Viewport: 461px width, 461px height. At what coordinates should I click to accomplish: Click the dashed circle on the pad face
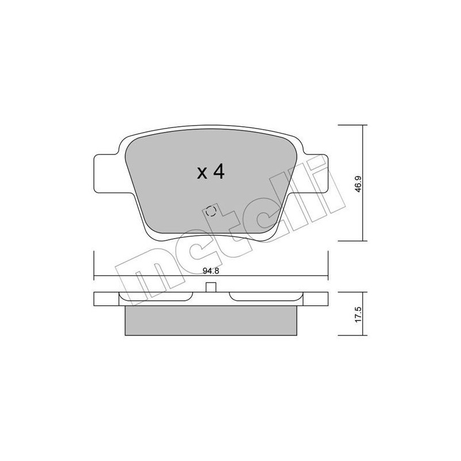[211, 211]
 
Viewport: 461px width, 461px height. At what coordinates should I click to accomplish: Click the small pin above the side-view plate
[211, 288]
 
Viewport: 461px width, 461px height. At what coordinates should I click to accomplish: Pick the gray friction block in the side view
[211, 319]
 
